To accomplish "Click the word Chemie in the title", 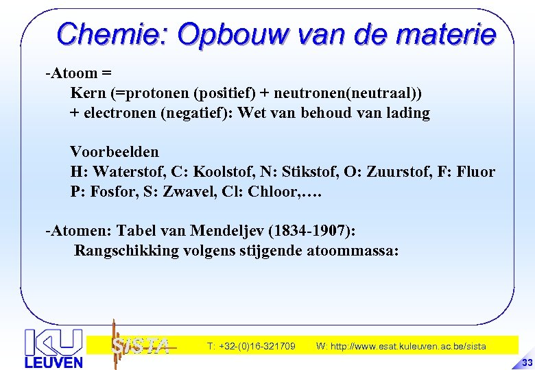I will (112, 33).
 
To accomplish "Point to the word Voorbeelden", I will (115, 151).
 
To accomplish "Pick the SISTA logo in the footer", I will (140, 345).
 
